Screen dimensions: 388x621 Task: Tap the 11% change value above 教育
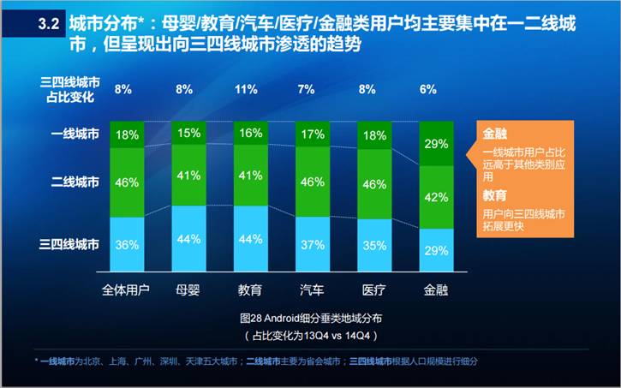click(x=246, y=89)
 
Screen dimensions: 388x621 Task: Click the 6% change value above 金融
click(x=428, y=89)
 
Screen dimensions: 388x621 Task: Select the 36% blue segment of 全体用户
click(x=127, y=244)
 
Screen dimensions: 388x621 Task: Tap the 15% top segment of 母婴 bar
click(x=188, y=133)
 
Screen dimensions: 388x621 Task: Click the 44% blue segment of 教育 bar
click(x=251, y=240)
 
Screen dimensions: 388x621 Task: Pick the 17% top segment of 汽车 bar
click(x=313, y=134)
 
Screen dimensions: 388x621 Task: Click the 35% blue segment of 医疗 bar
click(x=373, y=245)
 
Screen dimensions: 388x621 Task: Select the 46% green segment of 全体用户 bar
click(x=127, y=182)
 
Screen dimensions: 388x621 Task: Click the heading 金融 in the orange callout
click(x=493, y=134)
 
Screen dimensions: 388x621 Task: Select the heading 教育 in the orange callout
click(x=493, y=196)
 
